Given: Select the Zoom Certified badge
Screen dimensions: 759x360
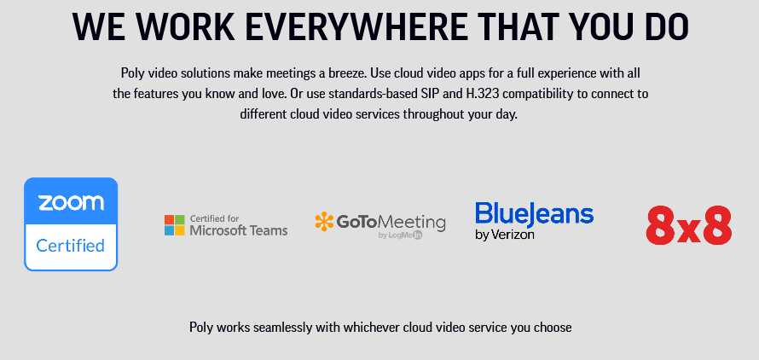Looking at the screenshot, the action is click(x=71, y=224).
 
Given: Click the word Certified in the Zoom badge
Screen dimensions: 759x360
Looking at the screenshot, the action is click(x=71, y=246).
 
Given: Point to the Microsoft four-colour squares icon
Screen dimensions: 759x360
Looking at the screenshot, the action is click(x=174, y=225).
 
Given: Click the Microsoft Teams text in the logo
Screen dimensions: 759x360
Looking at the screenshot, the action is click(x=239, y=230).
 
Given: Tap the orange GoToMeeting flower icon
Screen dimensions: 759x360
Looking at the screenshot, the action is click(x=324, y=222).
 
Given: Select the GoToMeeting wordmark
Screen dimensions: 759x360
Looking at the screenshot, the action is click(x=391, y=222).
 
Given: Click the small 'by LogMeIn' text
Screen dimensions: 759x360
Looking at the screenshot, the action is click(x=400, y=235).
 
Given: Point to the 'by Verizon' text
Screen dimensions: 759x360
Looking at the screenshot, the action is click(x=505, y=235).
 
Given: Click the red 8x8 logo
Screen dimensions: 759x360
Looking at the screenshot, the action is click(x=689, y=225).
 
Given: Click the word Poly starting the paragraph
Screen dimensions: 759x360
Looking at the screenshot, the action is click(x=130, y=73).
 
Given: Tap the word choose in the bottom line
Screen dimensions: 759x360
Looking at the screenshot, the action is click(x=554, y=328).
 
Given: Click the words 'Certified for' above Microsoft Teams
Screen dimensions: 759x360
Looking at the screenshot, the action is click(x=214, y=218).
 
